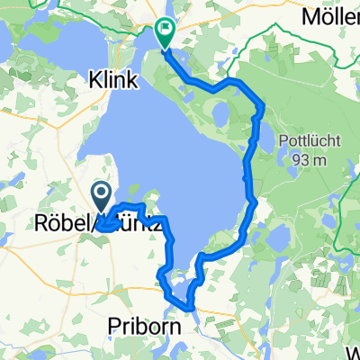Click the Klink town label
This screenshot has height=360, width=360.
coord(113,81)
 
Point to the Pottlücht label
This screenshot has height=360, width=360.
coord(309,142)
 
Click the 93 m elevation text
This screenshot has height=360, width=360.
coord(309,160)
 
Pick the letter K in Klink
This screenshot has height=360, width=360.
coord(94,81)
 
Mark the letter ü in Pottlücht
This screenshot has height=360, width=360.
coord(313,142)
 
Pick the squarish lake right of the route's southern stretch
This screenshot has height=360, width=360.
coord(278,238)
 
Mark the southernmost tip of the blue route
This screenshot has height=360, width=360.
coord(191,309)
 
